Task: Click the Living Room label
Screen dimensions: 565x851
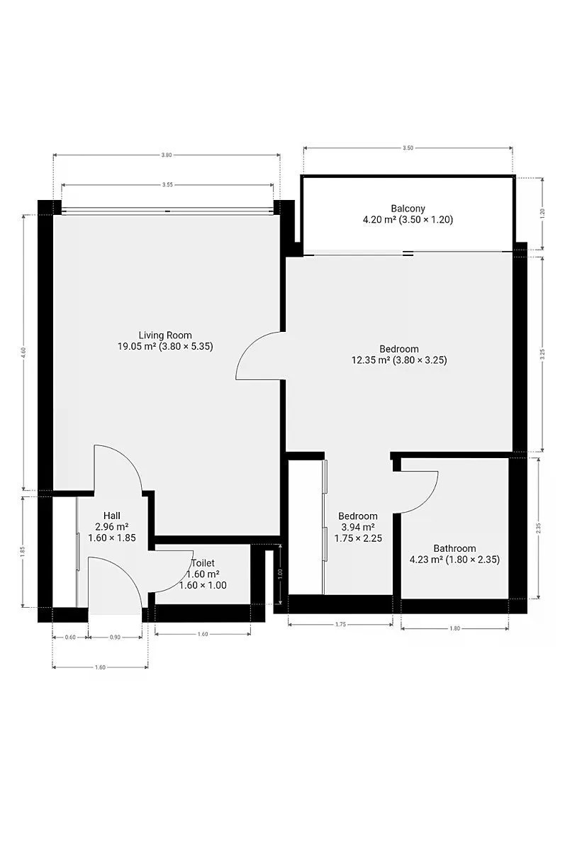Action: click(165, 335)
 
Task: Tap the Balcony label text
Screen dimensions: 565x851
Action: click(408, 208)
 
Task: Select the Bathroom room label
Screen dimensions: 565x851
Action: click(454, 548)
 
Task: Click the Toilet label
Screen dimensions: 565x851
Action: click(203, 562)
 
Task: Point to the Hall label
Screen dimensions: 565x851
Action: click(111, 516)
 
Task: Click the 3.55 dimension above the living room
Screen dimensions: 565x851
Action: click(167, 185)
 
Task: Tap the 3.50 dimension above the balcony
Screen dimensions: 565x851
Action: click(408, 148)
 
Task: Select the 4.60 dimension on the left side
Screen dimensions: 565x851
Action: click(24, 353)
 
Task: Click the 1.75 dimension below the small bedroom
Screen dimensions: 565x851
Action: click(340, 624)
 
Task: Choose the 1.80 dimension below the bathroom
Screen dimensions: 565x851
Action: click(454, 628)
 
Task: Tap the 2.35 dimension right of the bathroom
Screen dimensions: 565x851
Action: click(539, 528)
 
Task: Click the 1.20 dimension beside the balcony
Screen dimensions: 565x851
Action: click(542, 213)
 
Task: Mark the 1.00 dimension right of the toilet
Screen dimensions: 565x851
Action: click(281, 572)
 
